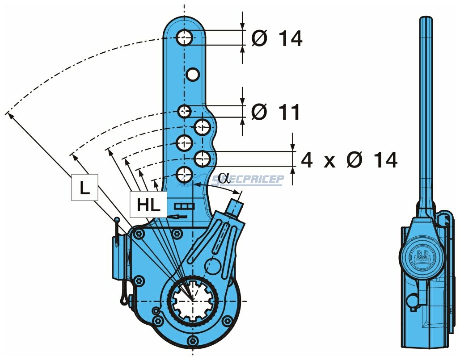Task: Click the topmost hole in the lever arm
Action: (x=184, y=38)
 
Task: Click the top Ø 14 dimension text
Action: (x=277, y=39)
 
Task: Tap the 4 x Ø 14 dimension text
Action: (x=349, y=160)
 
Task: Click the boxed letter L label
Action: (x=84, y=188)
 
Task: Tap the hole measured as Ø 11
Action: (x=184, y=110)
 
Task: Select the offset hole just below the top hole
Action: (x=193, y=75)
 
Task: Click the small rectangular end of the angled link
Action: (x=236, y=207)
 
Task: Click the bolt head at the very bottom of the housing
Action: (x=193, y=342)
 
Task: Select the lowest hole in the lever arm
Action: (x=184, y=174)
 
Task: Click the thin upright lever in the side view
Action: (x=426, y=112)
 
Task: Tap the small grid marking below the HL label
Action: (x=185, y=206)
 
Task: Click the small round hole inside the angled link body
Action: (x=214, y=266)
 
